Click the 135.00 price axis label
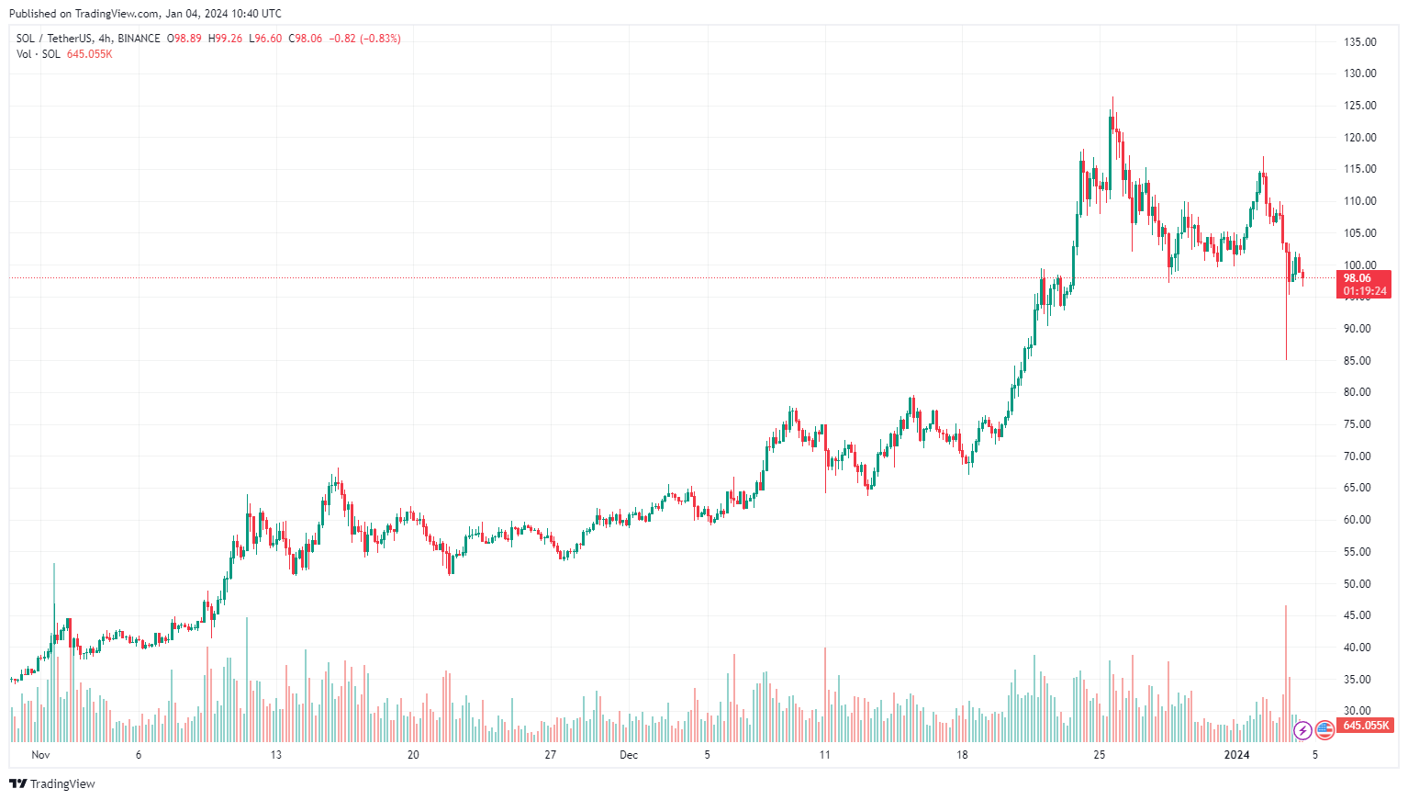[x=1359, y=42]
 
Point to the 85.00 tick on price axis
[x=1359, y=361]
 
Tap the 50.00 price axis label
[x=1359, y=584]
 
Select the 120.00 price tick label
[x=1359, y=138]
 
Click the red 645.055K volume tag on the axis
[x=1365, y=726]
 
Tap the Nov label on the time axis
[x=39, y=755]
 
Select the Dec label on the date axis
[x=629, y=755]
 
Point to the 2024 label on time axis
[x=1237, y=755]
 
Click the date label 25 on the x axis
[x=1099, y=755]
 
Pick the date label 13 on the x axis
[x=275, y=755]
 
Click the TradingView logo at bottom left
[x=52, y=783]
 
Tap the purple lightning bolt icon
[x=1302, y=731]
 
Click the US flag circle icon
[x=1324, y=730]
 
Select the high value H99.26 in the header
[x=225, y=39]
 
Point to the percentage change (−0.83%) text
[x=380, y=39]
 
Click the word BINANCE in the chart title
[x=139, y=39]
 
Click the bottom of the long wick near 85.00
[x=1286, y=358]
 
